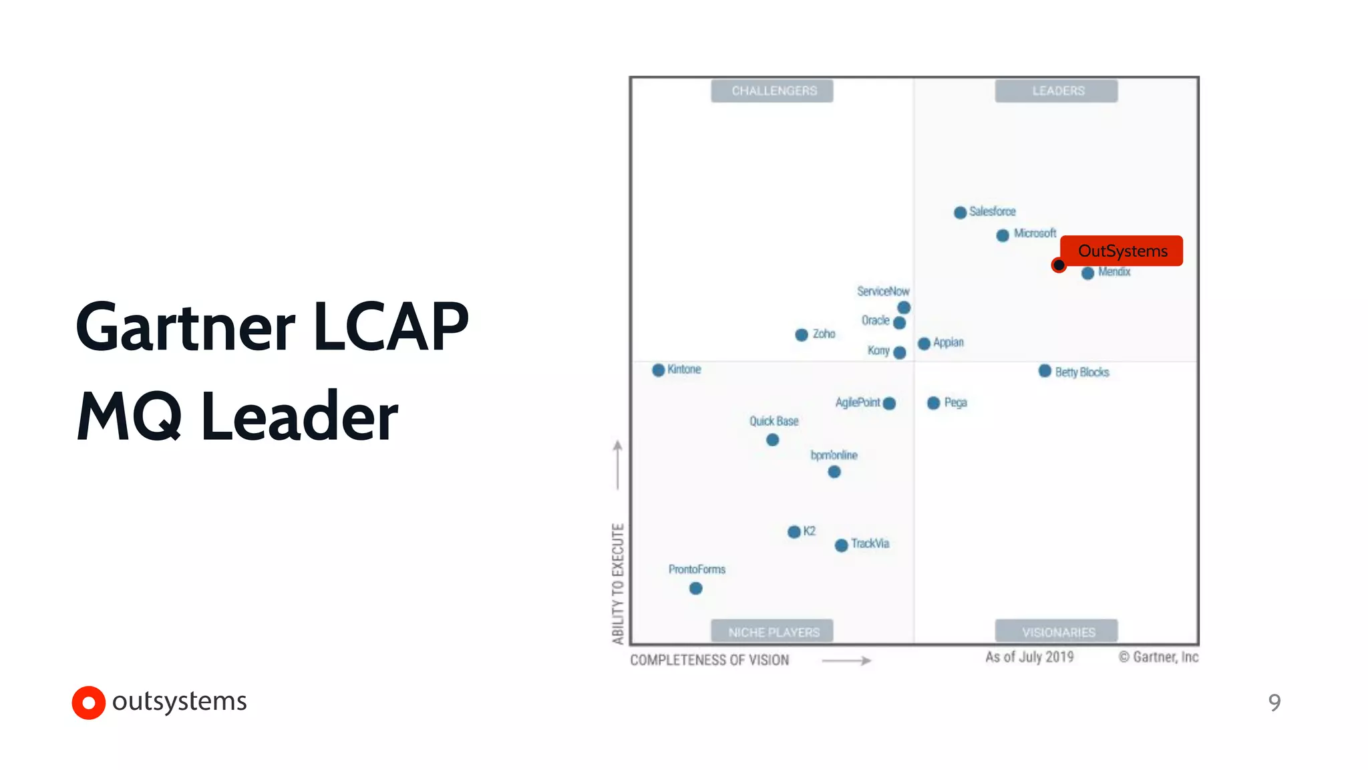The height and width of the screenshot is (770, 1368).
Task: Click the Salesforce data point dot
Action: click(960, 213)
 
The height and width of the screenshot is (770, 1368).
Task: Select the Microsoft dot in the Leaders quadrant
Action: click(1002, 235)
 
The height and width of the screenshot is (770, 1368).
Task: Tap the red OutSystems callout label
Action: click(1122, 251)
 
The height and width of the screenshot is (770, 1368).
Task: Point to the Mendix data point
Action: click(1087, 273)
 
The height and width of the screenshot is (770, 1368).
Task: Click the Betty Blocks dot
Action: click(1045, 371)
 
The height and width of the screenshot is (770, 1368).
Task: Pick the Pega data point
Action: click(933, 403)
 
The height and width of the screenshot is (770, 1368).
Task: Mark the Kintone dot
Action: click(658, 370)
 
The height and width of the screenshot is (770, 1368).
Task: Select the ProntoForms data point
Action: click(695, 588)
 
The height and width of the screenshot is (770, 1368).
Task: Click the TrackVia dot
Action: click(841, 545)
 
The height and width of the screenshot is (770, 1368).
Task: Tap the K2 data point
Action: click(794, 532)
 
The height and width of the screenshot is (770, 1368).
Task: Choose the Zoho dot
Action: click(802, 335)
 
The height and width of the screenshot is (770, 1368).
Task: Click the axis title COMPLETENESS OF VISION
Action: click(709, 660)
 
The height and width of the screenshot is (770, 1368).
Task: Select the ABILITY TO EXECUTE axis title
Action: click(618, 584)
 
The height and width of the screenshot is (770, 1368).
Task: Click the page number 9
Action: click(1274, 702)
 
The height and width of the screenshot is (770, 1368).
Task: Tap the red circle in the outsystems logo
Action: click(89, 702)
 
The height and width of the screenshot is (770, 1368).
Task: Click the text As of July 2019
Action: click(1029, 657)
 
